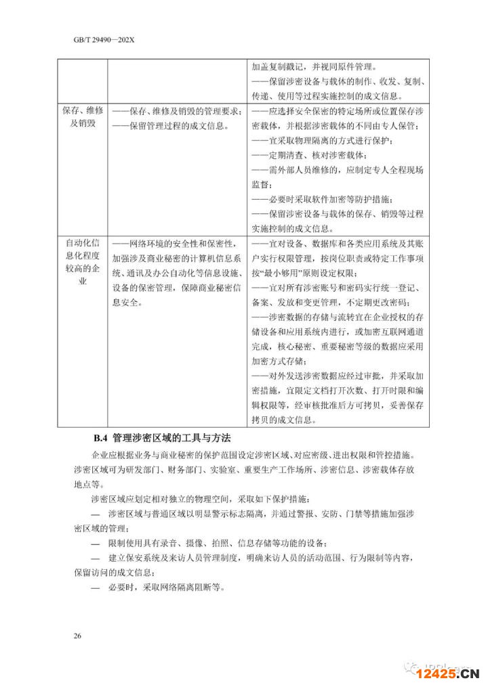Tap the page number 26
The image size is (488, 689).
[77, 636]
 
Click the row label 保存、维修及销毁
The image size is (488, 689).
[83, 118]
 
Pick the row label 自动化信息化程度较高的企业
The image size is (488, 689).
[83, 262]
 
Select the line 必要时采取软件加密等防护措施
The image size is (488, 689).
[321, 199]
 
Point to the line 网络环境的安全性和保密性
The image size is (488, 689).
[174, 244]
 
